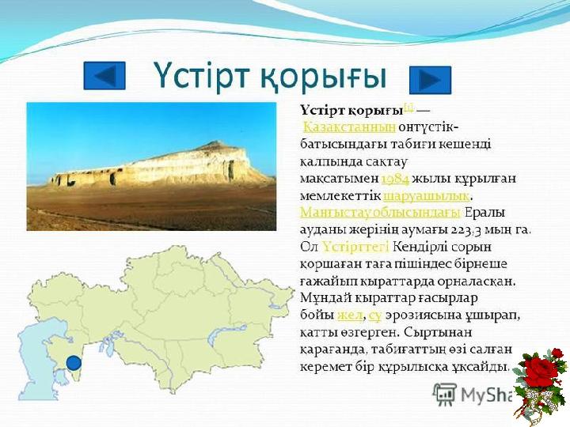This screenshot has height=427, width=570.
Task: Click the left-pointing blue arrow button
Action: [104, 76]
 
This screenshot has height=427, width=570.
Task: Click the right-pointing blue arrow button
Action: [430, 80]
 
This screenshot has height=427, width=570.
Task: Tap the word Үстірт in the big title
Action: [200, 76]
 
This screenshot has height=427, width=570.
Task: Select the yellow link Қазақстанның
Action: [349, 127]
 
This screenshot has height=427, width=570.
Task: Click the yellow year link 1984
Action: [395, 179]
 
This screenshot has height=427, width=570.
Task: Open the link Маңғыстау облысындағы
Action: [381, 213]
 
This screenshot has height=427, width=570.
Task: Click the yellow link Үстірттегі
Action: [355, 247]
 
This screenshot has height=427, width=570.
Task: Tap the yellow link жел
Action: [350, 316]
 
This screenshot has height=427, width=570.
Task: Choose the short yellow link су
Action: [374, 316]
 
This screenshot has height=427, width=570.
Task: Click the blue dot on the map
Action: [74, 362]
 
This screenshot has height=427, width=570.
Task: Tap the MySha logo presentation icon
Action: [444, 394]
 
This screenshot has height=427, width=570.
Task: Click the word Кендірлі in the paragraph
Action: [420, 247]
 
